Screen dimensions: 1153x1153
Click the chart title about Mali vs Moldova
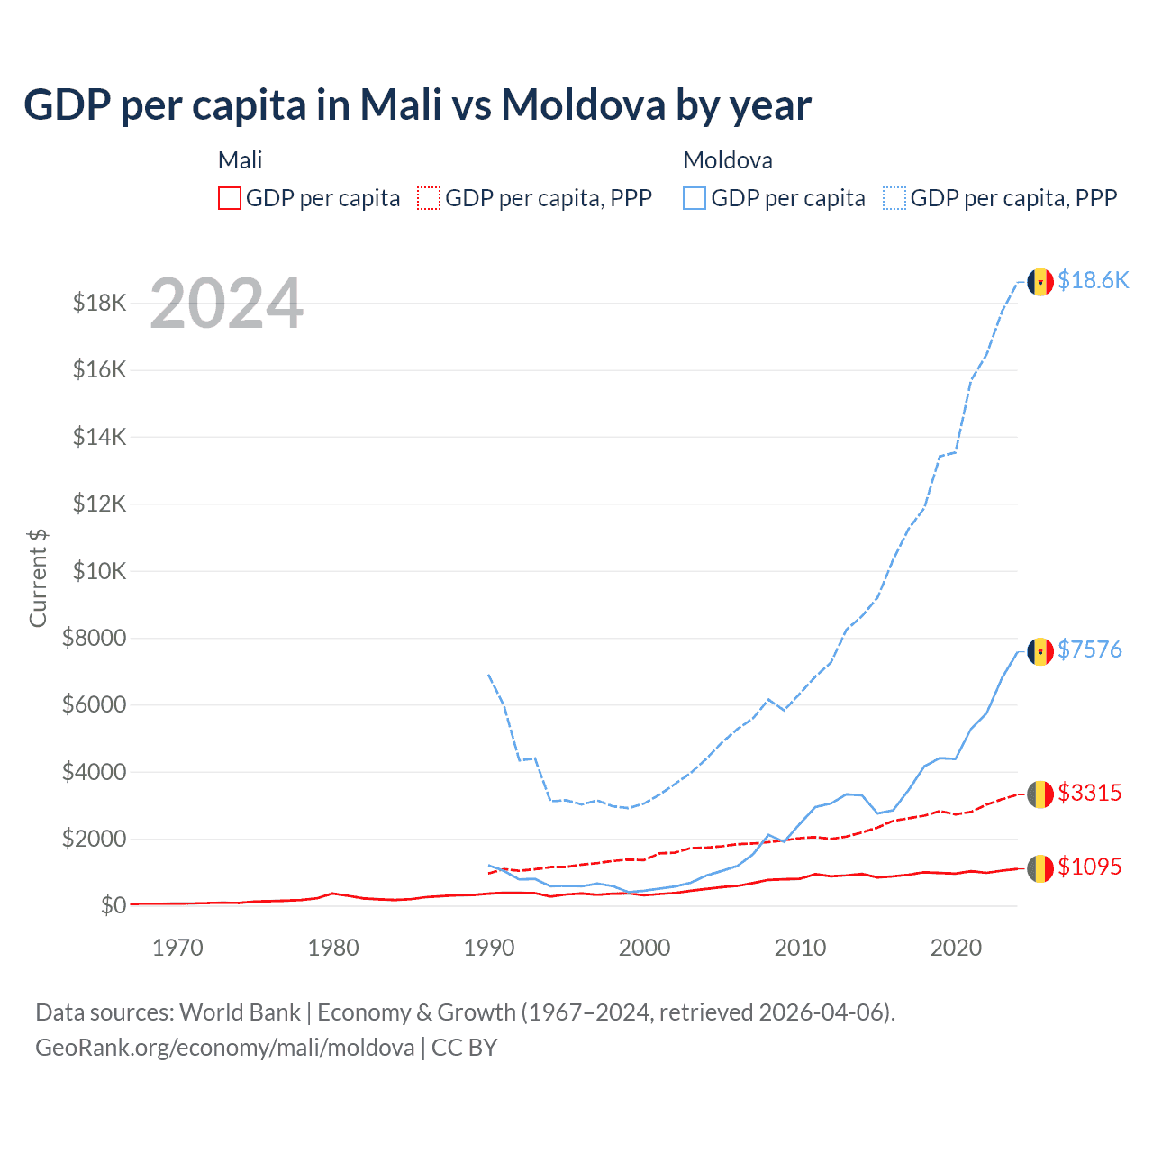(417, 104)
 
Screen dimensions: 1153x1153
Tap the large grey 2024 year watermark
(226, 304)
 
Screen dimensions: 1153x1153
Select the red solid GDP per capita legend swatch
(230, 198)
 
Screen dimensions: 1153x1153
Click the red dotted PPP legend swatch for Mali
(429, 198)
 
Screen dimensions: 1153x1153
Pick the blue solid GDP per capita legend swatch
(695, 198)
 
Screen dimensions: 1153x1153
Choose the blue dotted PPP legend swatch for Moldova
(894, 198)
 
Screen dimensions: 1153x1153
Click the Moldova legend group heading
(728, 160)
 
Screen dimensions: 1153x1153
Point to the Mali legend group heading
(240, 160)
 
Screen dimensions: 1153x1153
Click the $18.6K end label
(1093, 280)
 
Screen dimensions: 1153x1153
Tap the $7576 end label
(1090, 649)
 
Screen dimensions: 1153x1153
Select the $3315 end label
(1090, 793)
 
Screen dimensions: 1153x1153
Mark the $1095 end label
(1090, 867)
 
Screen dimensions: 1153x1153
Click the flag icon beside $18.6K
(1040, 282)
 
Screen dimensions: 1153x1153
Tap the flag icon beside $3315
(1040, 794)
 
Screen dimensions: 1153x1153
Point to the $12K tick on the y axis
(100, 504)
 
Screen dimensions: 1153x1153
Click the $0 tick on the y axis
(113, 905)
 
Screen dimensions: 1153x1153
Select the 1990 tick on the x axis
(489, 948)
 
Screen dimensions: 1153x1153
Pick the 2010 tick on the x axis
(800, 948)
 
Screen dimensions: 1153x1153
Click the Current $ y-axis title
(38, 577)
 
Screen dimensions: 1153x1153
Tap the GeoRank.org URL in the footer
(225, 1048)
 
